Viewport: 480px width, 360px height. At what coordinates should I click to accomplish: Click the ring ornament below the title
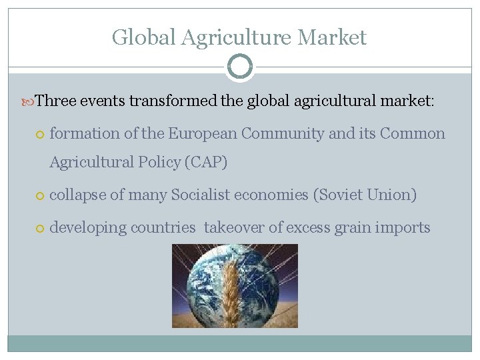240,67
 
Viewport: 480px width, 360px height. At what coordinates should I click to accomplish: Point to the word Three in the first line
57,101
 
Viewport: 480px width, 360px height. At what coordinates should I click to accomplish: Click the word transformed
173,101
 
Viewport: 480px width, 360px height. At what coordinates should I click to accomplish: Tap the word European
202,134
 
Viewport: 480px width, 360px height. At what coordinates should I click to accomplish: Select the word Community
283,134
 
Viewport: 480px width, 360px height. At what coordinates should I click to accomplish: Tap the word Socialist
200,195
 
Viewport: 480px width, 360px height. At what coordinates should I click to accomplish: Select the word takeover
234,228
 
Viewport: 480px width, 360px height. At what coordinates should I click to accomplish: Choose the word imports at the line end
402,228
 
